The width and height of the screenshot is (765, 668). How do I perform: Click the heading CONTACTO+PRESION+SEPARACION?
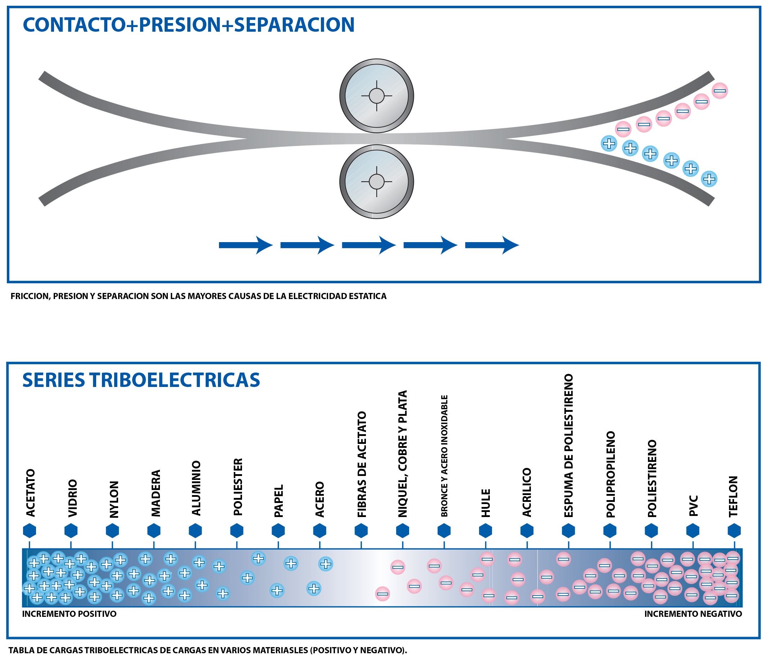click(x=188, y=25)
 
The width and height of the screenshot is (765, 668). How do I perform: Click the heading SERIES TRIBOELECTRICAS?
click(x=141, y=380)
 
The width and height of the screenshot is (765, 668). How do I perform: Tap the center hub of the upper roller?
click(x=376, y=96)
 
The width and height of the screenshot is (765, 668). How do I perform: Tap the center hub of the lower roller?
click(x=376, y=182)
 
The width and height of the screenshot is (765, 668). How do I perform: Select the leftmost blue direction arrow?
click(x=246, y=245)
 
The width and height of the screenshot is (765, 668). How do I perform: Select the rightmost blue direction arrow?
click(x=492, y=245)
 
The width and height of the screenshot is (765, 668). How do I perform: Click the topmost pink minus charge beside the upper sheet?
click(x=720, y=90)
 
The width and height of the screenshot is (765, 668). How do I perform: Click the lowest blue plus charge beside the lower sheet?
click(x=709, y=179)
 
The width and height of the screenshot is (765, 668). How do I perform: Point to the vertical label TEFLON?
click(x=733, y=496)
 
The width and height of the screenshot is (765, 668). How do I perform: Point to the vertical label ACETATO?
click(x=30, y=493)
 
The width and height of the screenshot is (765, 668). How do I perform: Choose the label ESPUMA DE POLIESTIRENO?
click(x=568, y=445)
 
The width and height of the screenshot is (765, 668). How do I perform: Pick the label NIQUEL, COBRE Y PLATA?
click(x=402, y=454)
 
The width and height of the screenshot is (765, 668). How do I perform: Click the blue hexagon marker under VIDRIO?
click(x=71, y=530)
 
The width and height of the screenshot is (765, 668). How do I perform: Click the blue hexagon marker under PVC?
click(x=692, y=530)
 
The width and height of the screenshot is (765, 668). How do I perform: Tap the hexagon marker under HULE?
click(x=485, y=530)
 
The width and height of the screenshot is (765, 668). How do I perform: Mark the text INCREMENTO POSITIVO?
click(x=69, y=614)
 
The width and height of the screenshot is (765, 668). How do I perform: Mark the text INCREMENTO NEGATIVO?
click(x=693, y=614)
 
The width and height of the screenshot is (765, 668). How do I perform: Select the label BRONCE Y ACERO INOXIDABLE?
click(x=444, y=456)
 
